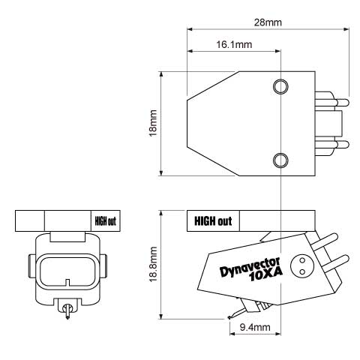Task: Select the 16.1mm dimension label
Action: pyautogui.click(x=234, y=45)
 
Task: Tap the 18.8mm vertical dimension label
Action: pyautogui.click(x=153, y=264)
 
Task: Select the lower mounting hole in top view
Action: pyautogui.click(x=280, y=159)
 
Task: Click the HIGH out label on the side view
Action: pyautogui.click(x=213, y=221)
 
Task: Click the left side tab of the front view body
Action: pyautogui.click(x=30, y=264)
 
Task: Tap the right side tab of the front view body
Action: pyautogui.click(x=105, y=264)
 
